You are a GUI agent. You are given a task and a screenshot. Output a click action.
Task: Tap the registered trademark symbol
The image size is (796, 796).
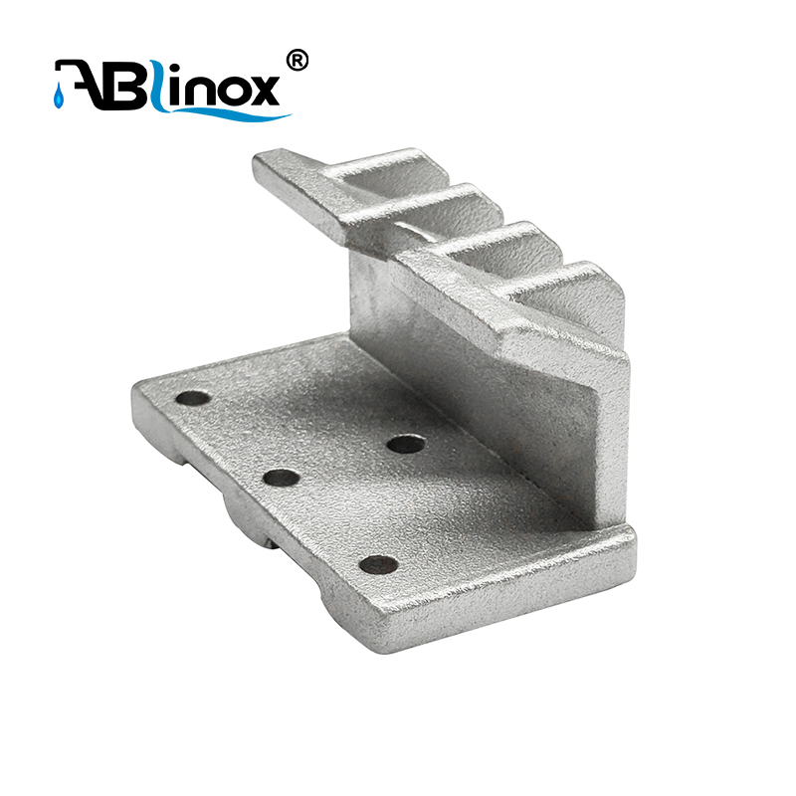(x=297, y=61)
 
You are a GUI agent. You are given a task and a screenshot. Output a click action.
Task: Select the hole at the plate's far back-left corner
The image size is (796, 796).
(x=193, y=398)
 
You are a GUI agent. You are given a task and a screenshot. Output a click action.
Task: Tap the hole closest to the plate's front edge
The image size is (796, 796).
(x=378, y=565)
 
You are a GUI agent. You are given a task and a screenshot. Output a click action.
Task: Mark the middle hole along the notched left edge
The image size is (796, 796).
(x=282, y=478)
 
